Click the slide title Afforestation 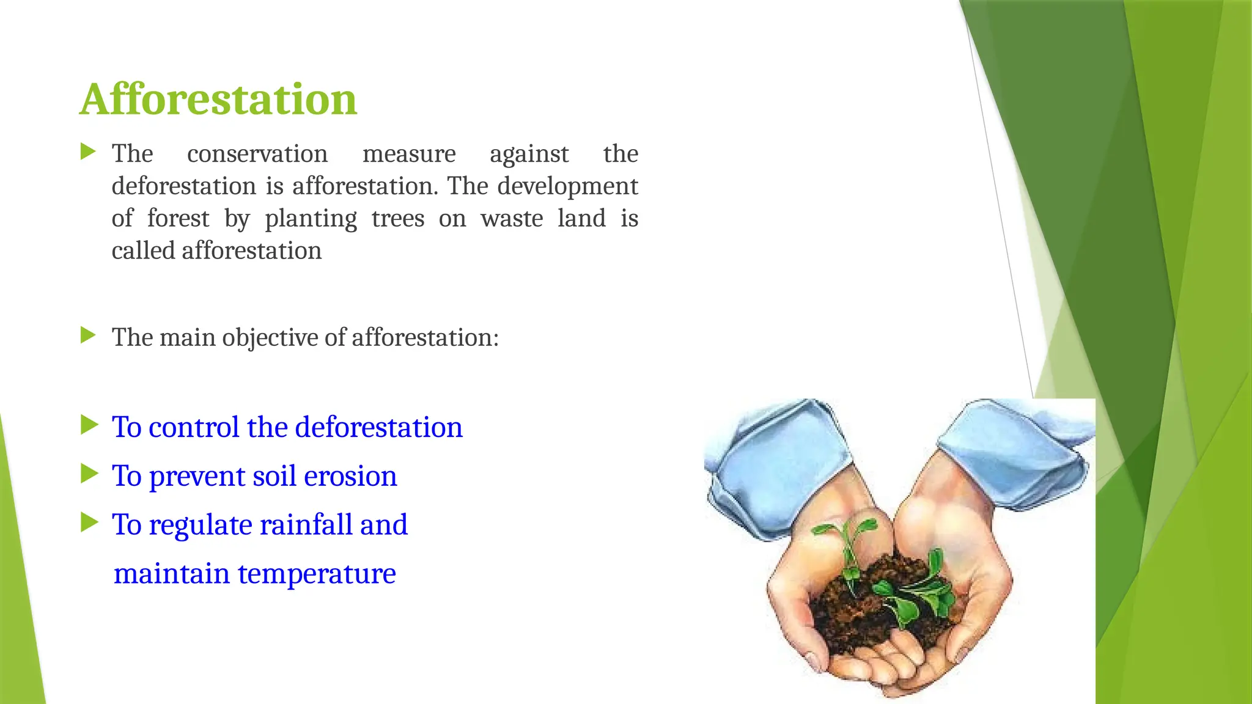[x=218, y=99]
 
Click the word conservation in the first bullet [x=257, y=154]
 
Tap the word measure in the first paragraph [x=409, y=154]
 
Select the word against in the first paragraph [x=529, y=154]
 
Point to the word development [x=567, y=186]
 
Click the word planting [x=311, y=219]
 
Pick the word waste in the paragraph [x=512, y=219]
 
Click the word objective [x=270, y=337]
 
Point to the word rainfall [x=306, y=524]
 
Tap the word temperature [x=317, y=573]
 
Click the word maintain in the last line [x=171, y=573]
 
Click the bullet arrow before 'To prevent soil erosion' [x=89, y=474]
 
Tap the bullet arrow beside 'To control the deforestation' [x=89, y=425]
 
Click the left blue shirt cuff [x=776, y=464]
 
